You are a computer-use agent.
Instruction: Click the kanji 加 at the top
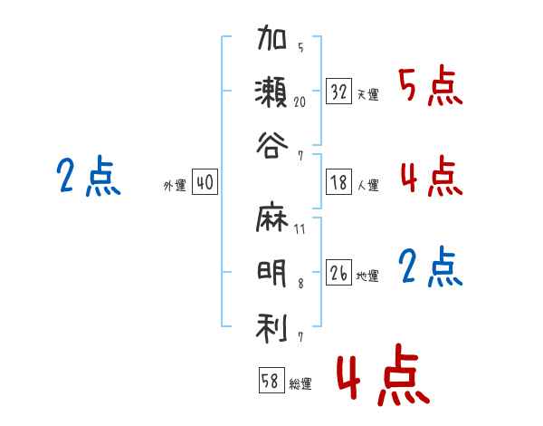point(271,37)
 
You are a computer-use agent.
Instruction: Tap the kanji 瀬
point(271,92)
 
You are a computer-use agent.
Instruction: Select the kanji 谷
point(272,146)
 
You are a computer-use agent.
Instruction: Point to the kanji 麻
point(271,217)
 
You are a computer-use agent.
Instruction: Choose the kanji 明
point(271,274)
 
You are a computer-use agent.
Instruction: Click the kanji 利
point(271,328)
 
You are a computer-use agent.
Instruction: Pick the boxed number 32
point(339,92)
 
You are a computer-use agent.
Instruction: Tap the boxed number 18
point(339,182)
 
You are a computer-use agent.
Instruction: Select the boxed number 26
point(339,272)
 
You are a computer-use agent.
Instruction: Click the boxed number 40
point(205,182)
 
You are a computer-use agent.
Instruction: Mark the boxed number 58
point(271,380)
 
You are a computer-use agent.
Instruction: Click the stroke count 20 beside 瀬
point(300,102)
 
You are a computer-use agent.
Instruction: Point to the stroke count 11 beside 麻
point(300,229)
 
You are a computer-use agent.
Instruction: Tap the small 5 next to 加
point(300,47)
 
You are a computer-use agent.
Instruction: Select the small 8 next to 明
point(300,284)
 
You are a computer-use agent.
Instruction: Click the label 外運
point(175,186)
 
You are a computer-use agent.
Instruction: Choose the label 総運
point(300,384)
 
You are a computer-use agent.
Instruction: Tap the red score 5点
point(431,86)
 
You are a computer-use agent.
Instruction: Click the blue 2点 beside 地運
point(431,267)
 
